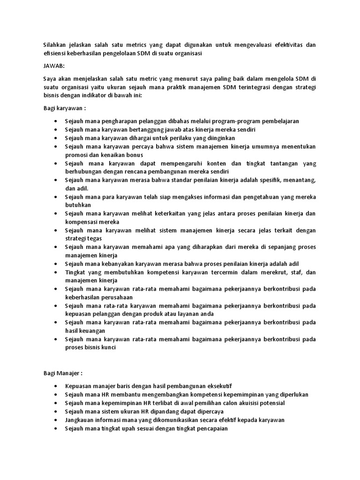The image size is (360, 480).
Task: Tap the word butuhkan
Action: (x=78, y=205)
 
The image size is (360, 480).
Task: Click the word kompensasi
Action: (x=83, y=222)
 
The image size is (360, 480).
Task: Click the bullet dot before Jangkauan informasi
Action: (x=56, y=420)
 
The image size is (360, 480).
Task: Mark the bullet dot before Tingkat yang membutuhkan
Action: (x=56, y=272)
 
